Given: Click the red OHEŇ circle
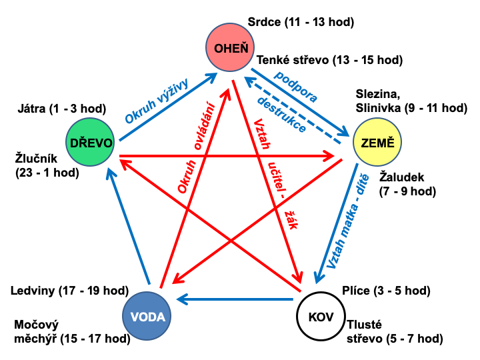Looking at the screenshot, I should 231,47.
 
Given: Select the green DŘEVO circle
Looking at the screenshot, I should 91,141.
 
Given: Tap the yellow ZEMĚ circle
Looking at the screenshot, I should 378,143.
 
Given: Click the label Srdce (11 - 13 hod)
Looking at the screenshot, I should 300,22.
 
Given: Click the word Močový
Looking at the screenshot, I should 37,325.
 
